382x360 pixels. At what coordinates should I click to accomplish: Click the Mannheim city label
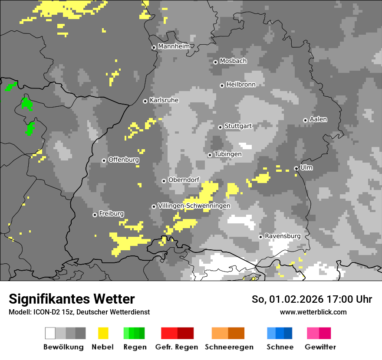[174, 46]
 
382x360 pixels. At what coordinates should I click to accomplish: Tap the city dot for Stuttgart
[221, 127]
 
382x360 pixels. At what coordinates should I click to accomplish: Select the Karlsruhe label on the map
[164, 100]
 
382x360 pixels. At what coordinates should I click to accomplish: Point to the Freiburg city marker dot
[95, 215]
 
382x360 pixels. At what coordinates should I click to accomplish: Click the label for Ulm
[306, 167]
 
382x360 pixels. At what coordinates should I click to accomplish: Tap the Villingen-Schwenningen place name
[194, 206]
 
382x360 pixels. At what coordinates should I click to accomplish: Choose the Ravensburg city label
[283, 236]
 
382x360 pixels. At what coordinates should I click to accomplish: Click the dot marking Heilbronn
[222, 85]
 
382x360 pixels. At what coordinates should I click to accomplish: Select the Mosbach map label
[233, 61]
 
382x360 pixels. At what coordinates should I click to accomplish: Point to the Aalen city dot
[306, 120]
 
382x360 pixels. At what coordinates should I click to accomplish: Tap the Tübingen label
[228, 154]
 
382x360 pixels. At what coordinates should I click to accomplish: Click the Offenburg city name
[124, 160]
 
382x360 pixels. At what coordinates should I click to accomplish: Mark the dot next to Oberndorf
[164, 181]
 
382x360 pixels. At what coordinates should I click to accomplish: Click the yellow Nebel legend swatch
[103, 333]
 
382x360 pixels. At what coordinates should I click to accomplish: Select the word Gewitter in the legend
[320, 347]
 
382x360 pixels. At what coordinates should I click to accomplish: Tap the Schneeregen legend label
[229, 347]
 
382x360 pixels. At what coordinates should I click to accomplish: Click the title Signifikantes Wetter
[72, 299]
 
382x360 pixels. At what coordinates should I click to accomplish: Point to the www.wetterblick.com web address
[313, 312]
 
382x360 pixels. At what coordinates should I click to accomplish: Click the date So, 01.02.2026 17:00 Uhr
[312, 299]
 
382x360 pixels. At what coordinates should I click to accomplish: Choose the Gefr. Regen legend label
[177, 347]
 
